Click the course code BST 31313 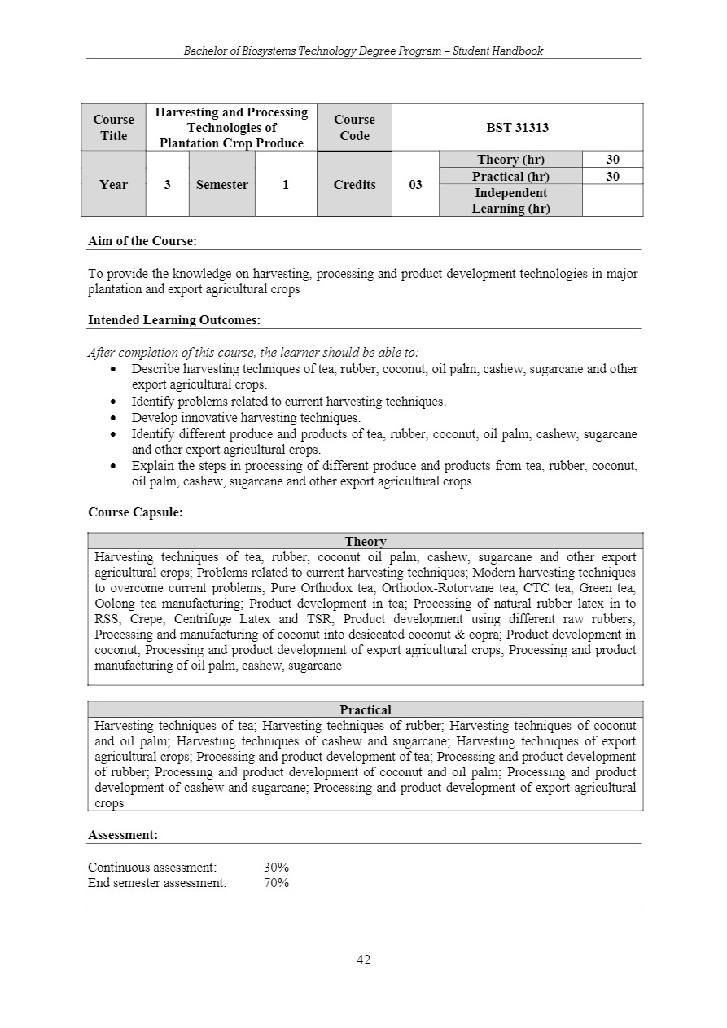(x=517, y=127)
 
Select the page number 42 (x=363, y=960)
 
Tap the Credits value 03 (x=415, y=184)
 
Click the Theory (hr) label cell (x=510, y=160)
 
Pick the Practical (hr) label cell (x=510, y=176)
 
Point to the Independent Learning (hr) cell (x=510, y=200)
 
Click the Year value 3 (x=167, y=184)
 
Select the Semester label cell (x=221, y=184)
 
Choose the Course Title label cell (x=113, y=127)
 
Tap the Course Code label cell (x=354, y=127)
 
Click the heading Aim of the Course (x=142, y=241)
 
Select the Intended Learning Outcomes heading (x=174, y=320)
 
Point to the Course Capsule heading (x=135, y=512)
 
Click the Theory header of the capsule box (x=366, y=541)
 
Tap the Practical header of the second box (x=366, y=709)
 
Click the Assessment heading (x=123, y=835)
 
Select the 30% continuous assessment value (x=276, y=868)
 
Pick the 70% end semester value (x=276, y=883)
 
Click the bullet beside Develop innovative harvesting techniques (x=113, y=418)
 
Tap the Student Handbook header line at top (x=363, y=51)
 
